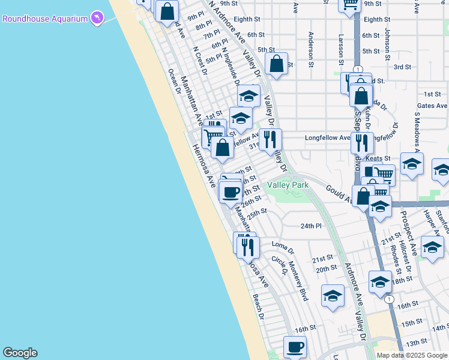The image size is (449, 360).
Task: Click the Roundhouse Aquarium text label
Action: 45,19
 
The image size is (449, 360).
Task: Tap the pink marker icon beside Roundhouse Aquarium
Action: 97,19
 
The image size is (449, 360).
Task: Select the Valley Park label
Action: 288,185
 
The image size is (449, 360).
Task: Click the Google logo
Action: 20,353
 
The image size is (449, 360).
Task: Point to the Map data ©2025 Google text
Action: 412,355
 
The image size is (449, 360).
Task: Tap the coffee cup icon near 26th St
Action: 231,191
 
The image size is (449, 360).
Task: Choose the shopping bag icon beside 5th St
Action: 276,64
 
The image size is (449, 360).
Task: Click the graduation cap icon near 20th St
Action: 333,296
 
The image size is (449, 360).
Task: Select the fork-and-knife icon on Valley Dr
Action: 270,139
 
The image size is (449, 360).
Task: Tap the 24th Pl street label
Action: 312,226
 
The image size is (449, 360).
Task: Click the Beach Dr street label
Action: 258,306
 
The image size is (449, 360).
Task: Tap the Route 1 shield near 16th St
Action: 390,299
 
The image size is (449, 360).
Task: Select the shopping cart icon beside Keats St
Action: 384,175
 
